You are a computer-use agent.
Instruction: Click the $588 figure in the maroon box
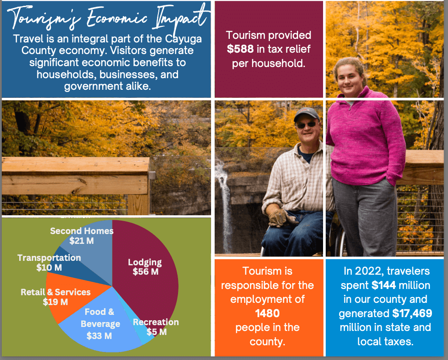240,49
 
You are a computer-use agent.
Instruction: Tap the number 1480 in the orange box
267,314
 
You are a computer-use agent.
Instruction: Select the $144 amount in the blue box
384,285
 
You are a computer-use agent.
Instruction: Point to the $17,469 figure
412,314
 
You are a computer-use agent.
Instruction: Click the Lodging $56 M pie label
145,267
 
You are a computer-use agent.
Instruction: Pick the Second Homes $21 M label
82,236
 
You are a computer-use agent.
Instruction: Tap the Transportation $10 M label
49,263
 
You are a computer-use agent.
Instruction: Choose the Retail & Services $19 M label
55,297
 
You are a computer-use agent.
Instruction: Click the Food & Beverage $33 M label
100,324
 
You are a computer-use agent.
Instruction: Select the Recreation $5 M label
156,327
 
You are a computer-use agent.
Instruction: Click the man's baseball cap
307,114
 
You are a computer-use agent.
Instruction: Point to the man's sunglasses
306,124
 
